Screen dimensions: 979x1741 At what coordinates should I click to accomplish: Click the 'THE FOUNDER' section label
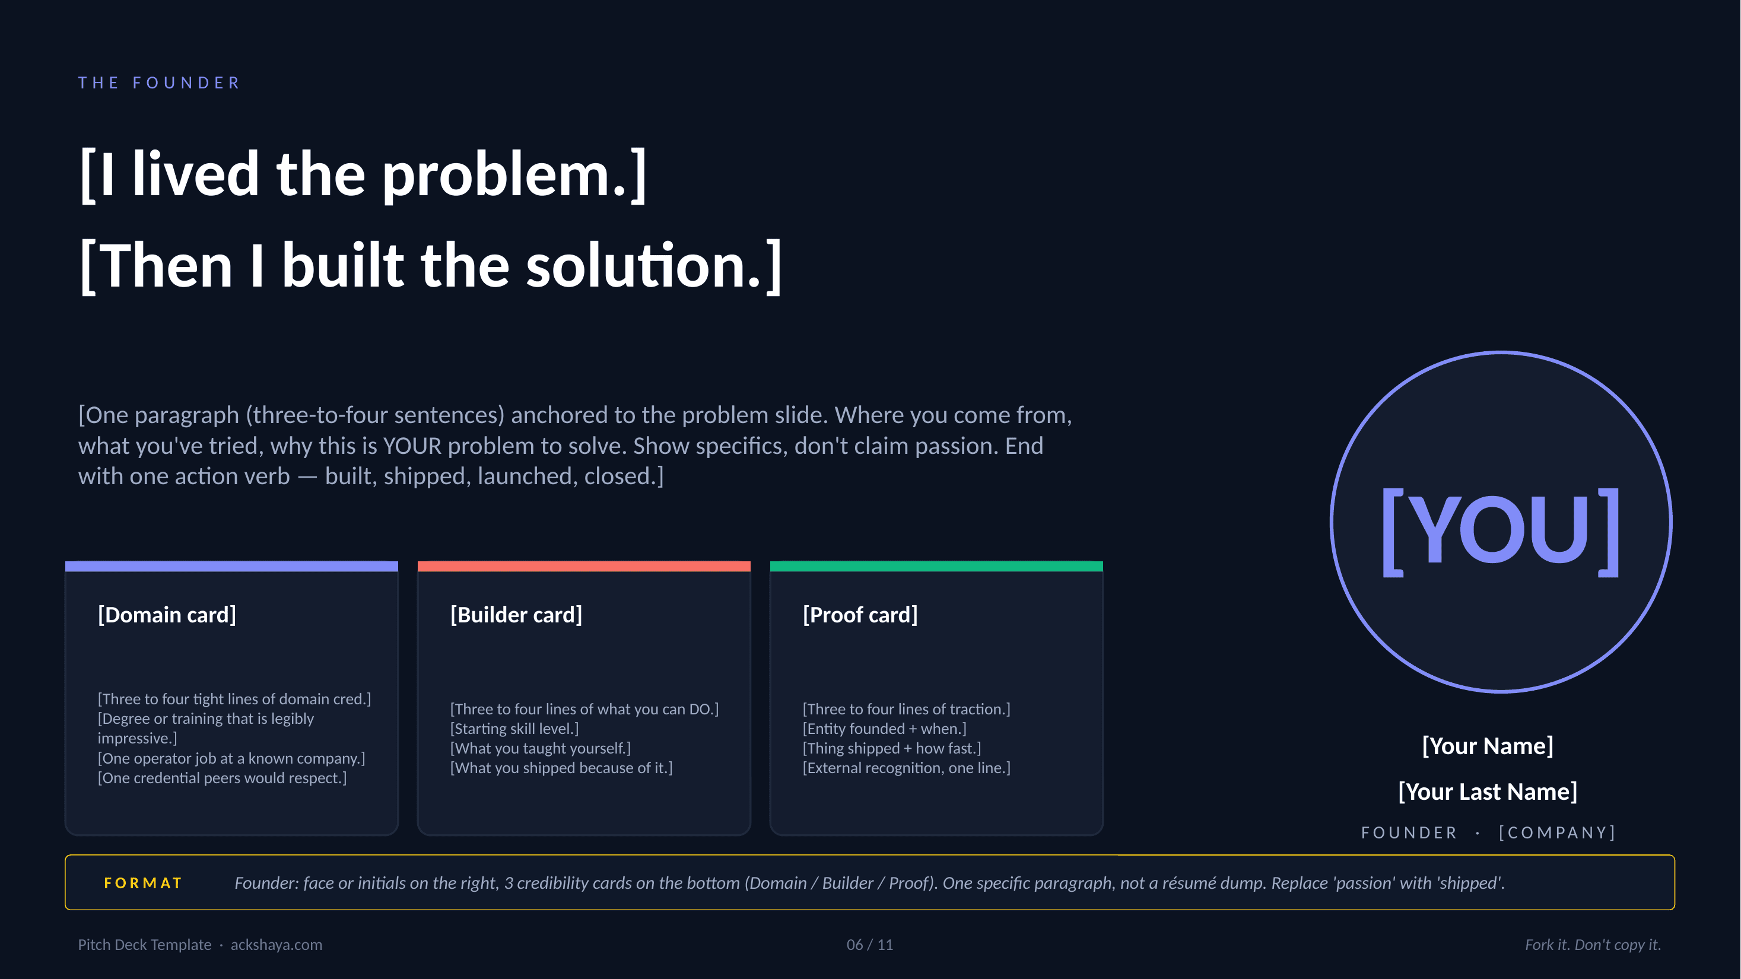click(x=159, y=83)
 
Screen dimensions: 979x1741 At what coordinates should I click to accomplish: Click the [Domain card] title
click(x=167, y=615)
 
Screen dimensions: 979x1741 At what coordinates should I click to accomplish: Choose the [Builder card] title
click(x=516, y=615)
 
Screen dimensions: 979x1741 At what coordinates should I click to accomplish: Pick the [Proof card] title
click(x=860, y=615)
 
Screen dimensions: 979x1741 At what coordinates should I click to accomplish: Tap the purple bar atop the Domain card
click(x=231, y=566)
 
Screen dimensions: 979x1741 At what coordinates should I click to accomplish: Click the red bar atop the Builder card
click(x=584, y=566)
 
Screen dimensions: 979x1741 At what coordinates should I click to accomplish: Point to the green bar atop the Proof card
click(x=936, y=566)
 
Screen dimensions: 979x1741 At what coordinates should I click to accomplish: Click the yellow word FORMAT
click(x=142, y=883)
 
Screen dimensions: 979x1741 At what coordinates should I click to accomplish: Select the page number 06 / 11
click(x=869, y=945)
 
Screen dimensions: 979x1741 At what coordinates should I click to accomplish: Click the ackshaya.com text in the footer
click(x=276, y=945)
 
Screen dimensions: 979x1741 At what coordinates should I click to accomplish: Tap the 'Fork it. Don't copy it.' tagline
click(x=1592, y=945)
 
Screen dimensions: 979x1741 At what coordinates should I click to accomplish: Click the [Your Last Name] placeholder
click(x=1487, y=791)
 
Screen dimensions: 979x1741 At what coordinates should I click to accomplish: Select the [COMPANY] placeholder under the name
click(x=1556, y=832)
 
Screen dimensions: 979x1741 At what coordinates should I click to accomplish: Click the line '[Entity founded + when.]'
click(x=884, y=729)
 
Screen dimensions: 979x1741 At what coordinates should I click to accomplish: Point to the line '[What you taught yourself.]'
click(x=540, y=748)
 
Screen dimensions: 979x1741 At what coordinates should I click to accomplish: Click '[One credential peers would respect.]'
click(x=222, y=778)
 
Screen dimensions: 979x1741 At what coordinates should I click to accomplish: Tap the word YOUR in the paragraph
click(x=412, y=446)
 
